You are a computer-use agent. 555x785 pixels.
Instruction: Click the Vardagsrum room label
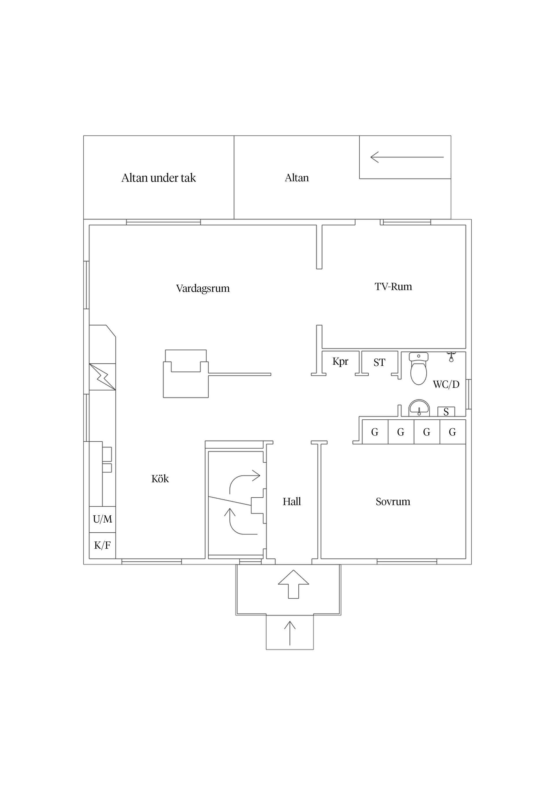tap(203, 288)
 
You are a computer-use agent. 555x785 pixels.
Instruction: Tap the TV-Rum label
tap(393, 286)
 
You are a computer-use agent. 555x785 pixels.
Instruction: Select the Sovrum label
tap(393, 501)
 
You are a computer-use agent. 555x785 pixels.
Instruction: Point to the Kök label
tap(160, 479)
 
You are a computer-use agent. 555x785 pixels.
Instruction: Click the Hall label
tap(292, 501)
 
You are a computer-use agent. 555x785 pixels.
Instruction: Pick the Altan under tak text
tap(159, 178)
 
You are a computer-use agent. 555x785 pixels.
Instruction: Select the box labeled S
tap(446, 412)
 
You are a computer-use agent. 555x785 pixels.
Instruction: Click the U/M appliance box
tap(103, 519)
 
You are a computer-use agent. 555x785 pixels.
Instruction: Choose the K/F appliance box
tap(103, 545)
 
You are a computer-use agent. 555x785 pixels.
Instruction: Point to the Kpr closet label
tap(340, 361)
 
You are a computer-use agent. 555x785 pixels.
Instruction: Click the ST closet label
tap(380, 362)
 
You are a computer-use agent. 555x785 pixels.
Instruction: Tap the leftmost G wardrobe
tap(375, 432)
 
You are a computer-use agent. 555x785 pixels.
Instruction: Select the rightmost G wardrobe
tap(452, 432)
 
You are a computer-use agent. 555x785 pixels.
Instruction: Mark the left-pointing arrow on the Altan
tap(407, 157)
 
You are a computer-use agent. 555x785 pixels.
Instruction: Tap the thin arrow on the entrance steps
tap(290, 633)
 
